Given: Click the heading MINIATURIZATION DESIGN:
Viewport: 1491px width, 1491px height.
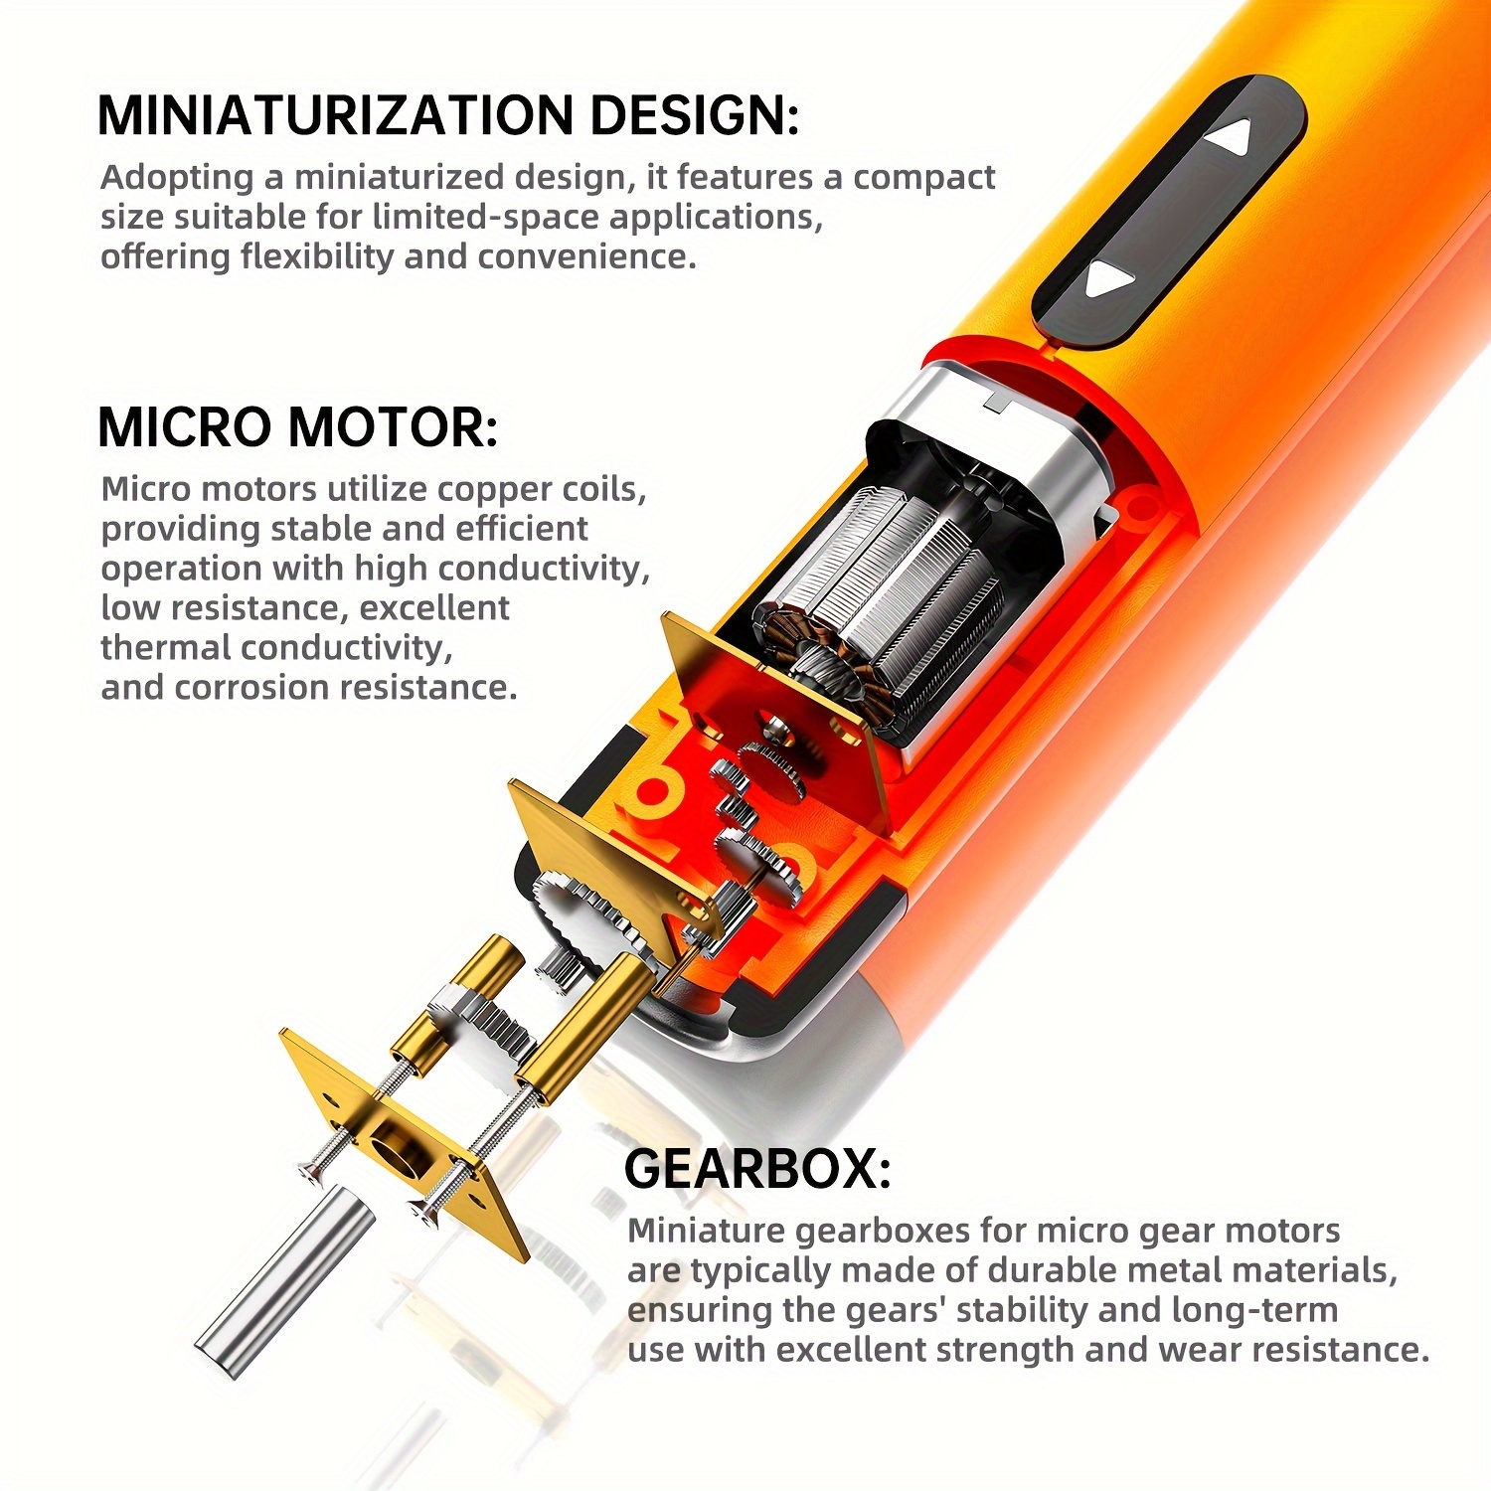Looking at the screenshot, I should [x=447, y=115].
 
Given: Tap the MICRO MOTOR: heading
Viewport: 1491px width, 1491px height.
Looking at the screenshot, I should [x=297, y=427].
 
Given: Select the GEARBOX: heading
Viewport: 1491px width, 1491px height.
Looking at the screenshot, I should [x=756, y=1169].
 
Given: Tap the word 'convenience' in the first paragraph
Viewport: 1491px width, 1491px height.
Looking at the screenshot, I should [x=586, y=256].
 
